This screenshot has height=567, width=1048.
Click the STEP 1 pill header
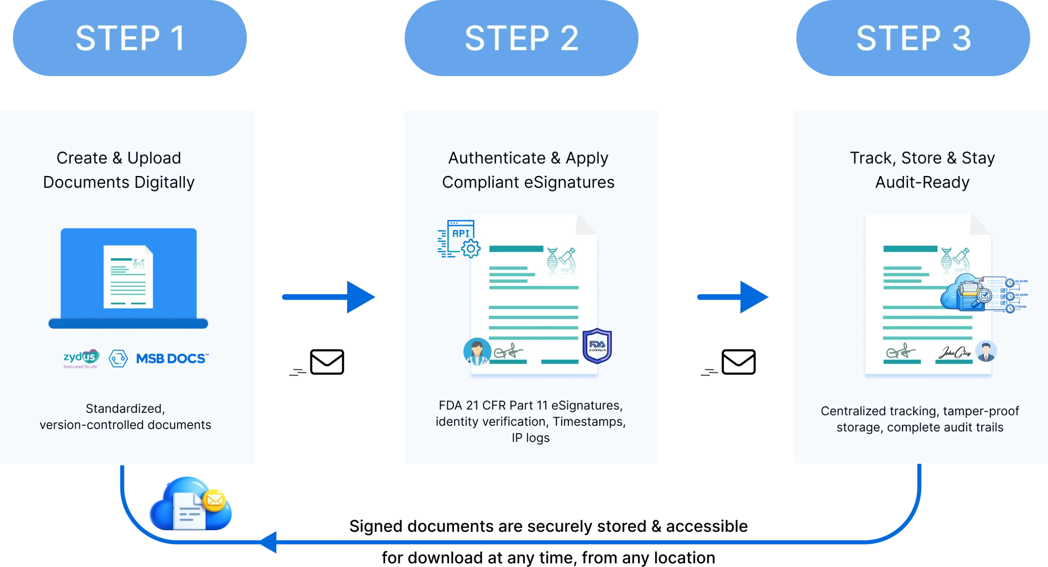[130, 38]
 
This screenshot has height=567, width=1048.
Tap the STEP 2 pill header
[521, 38]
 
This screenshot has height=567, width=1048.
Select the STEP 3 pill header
[913, 38]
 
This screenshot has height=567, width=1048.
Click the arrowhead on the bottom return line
[270, 542]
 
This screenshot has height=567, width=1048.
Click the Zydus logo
[81, 358]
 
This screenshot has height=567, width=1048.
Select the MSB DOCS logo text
[172, 359]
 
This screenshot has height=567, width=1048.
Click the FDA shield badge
[597, 346]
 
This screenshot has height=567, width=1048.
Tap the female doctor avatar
[477, 351]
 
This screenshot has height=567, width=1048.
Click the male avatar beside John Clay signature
[986, 351]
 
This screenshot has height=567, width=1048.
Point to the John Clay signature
[955, 352]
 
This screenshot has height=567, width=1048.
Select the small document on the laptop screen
[128, 277]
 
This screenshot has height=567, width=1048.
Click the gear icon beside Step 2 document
[472, 248]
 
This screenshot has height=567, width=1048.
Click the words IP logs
[531, 438]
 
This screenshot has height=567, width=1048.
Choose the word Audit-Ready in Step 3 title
[922, 182]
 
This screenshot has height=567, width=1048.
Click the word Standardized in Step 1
[125, 409]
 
